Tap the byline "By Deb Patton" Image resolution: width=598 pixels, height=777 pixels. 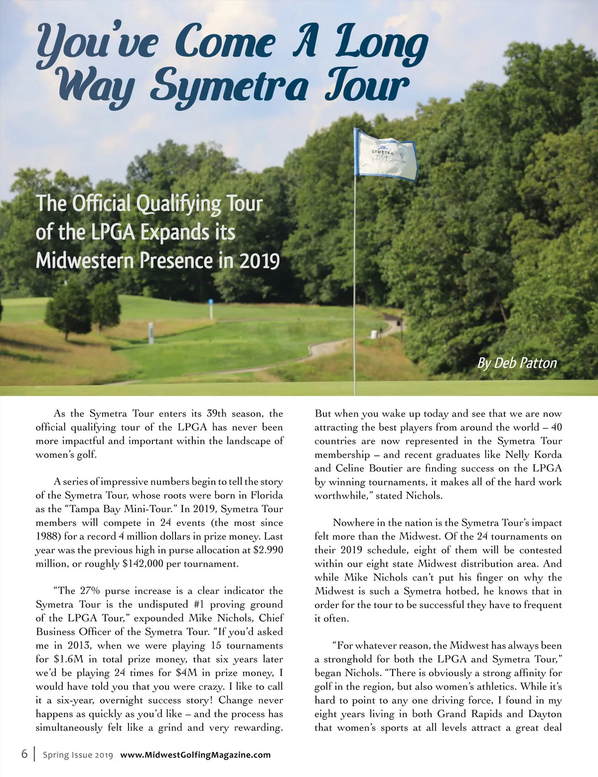(517, 363)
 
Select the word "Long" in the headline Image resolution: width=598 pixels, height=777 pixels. (381, 45)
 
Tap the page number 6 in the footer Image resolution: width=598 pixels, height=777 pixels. (24, 754)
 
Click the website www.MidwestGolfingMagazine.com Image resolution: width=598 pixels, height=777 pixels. (195, 755)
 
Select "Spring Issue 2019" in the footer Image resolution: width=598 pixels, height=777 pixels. (78, 755)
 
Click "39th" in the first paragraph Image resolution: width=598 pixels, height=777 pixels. (216, 414)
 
